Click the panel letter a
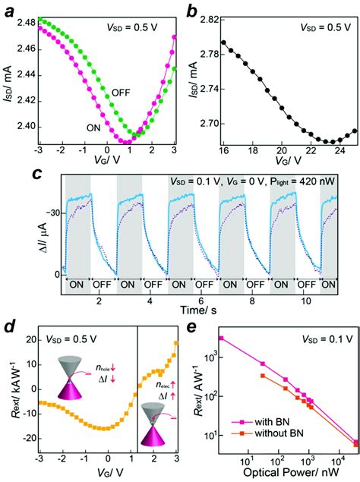point(10,11)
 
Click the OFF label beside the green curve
point(122,92)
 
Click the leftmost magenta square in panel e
point(221,339)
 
